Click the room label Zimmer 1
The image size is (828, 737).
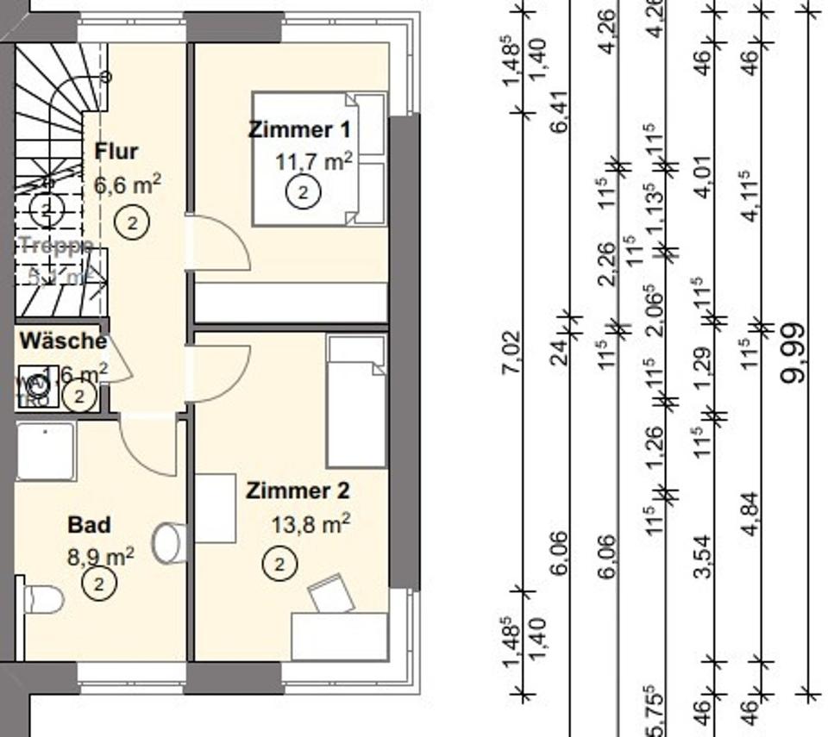299,130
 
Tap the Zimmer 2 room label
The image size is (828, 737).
298,491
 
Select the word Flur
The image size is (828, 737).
116,152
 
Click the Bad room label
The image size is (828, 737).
89,525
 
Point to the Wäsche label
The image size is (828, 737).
63,340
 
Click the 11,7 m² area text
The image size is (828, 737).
313,161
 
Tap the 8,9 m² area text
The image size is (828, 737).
100,556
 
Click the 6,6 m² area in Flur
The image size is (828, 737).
127,185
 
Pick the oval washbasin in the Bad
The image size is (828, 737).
169,542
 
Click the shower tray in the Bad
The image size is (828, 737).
45,452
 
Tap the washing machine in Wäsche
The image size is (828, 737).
37,389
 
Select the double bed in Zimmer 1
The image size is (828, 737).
317,159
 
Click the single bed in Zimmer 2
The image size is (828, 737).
355,402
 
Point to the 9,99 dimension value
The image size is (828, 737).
793,353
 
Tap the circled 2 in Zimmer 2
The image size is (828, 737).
279,565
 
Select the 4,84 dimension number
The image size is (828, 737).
750,513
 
